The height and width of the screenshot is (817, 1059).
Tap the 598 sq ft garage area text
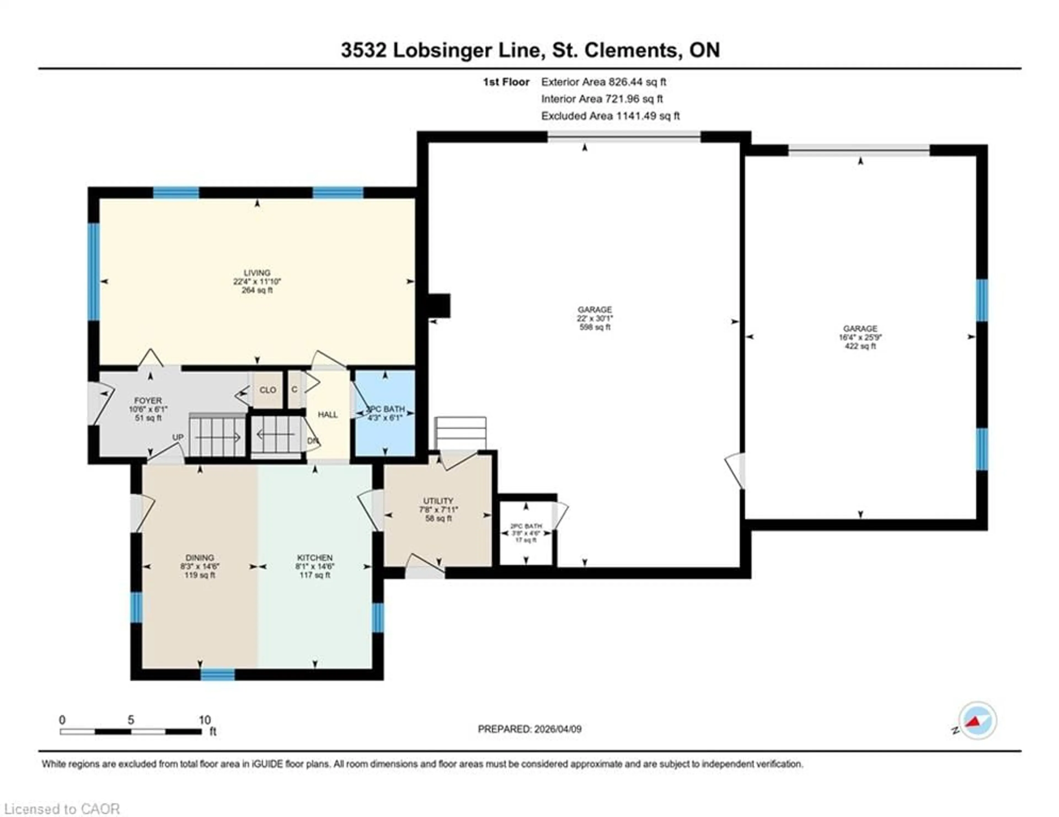click(595, 327)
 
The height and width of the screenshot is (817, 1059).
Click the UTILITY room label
click(438, 501)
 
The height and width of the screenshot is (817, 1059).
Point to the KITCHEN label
click(315, 558)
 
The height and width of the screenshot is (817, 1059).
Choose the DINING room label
click(199, 558)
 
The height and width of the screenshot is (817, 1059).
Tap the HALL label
click(328, 414)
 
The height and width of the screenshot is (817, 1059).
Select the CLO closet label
click(268, 389)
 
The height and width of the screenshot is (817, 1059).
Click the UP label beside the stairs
click(178, 437)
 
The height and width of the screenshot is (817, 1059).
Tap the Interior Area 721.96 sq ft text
click(602, 99)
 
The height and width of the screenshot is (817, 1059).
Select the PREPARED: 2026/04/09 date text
click(529, 729)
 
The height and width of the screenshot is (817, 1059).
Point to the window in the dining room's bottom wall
click(218, 674)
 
